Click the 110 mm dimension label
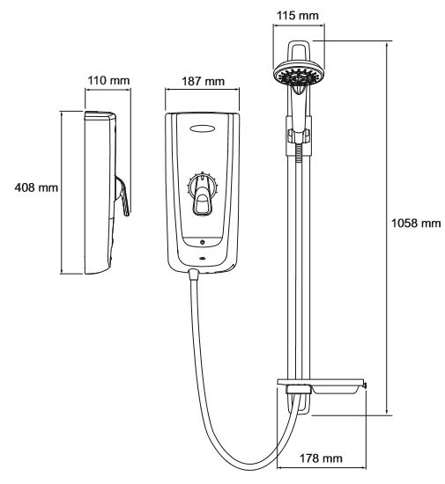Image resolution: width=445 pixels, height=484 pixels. (108, 81)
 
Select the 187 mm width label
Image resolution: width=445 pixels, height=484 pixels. (203, 82)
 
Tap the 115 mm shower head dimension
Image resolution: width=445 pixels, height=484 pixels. (297, 16)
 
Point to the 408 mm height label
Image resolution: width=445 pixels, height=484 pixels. (36, 187)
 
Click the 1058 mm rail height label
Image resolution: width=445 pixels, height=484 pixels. (416, 223)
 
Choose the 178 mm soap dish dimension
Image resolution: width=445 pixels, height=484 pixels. (321, 458)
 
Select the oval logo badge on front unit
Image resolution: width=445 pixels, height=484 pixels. (203, 128)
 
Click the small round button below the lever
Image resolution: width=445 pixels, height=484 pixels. (203, 242)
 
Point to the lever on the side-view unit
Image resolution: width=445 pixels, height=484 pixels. (122, 195)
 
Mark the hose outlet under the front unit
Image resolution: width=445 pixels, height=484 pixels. (193, 274)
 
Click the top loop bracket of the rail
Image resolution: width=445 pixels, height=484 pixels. (299, 51)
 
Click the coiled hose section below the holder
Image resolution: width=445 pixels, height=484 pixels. (299, 153)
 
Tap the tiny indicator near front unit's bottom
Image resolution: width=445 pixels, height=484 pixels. (202, 258)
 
